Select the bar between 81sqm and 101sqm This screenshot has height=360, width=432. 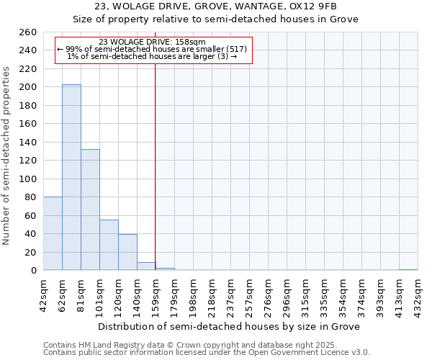(90, 210)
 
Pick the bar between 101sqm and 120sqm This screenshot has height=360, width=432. (109, 245)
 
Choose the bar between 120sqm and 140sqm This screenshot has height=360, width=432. (127, 252)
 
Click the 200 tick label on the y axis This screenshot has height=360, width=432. (29, 87)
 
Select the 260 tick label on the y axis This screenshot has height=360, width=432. (29, 32)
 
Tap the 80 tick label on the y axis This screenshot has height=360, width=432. (32, 197)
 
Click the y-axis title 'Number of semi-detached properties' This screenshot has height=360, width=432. (7, 156)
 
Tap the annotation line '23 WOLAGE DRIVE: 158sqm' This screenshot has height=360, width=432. (152, 42)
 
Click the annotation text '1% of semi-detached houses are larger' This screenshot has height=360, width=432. (148, 56)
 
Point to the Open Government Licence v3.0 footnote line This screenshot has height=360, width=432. (207, 352)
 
